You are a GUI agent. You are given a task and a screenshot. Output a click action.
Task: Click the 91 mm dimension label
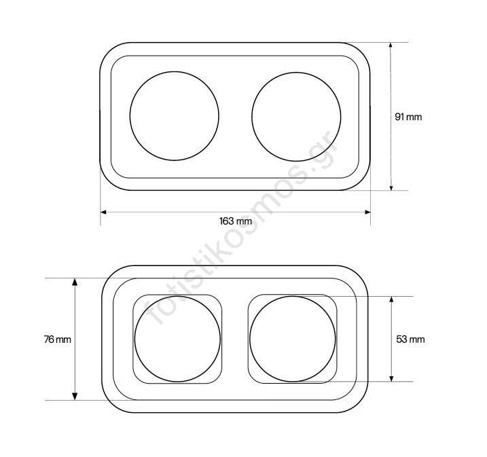408,117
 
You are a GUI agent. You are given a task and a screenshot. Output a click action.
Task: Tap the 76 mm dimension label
58,340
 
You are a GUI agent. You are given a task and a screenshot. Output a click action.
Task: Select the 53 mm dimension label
410,340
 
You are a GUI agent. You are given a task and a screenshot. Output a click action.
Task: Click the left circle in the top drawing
130,116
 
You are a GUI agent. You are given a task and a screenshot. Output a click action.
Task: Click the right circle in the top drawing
252,117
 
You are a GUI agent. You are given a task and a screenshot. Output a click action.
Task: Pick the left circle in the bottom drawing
134,339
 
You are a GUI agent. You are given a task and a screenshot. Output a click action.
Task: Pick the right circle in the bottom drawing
250,339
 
